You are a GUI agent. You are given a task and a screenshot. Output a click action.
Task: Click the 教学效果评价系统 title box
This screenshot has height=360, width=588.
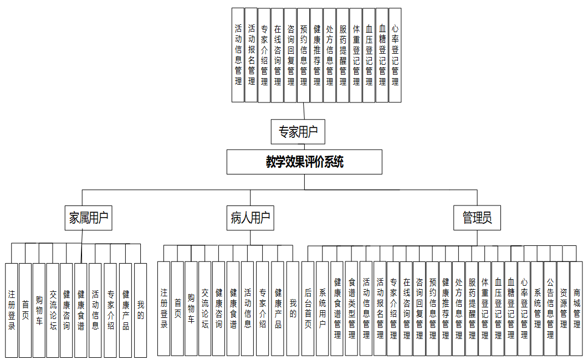pos(304,162)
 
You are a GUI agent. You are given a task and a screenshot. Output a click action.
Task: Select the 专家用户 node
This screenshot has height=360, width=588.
pos(298,132)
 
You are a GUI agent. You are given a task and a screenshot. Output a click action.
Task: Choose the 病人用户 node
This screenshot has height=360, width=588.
pos(250,218)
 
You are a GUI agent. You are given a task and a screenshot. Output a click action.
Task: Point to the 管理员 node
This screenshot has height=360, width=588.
pos(477,218)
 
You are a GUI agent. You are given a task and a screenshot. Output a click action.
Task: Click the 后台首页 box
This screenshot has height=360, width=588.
pos(308,308)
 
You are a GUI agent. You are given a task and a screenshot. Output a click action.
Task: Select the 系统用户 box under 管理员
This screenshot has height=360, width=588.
pos(323,308)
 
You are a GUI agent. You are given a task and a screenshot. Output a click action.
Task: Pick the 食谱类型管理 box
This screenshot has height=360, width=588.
pos(351,308)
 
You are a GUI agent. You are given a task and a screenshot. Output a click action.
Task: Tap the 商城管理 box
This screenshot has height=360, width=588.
pos(576,308)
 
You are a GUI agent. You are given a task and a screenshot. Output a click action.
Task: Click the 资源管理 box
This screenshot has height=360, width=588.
pos(563,308)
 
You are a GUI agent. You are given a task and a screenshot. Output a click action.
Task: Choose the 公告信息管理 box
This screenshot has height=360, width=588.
pos(550,308)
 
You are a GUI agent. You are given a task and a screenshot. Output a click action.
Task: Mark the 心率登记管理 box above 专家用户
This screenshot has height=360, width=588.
pos(395,55)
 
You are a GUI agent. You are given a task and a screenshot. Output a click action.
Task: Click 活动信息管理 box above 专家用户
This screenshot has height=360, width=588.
pos(238,55)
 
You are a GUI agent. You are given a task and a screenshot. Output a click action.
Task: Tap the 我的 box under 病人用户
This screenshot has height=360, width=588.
pos(293,308)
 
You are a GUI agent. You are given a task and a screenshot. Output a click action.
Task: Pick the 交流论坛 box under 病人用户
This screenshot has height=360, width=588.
pos(205,308)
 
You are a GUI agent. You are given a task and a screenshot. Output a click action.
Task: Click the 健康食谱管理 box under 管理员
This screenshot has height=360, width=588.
pos(337,308)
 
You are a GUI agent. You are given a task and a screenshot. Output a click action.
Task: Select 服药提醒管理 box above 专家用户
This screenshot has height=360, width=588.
pos(342,55)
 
